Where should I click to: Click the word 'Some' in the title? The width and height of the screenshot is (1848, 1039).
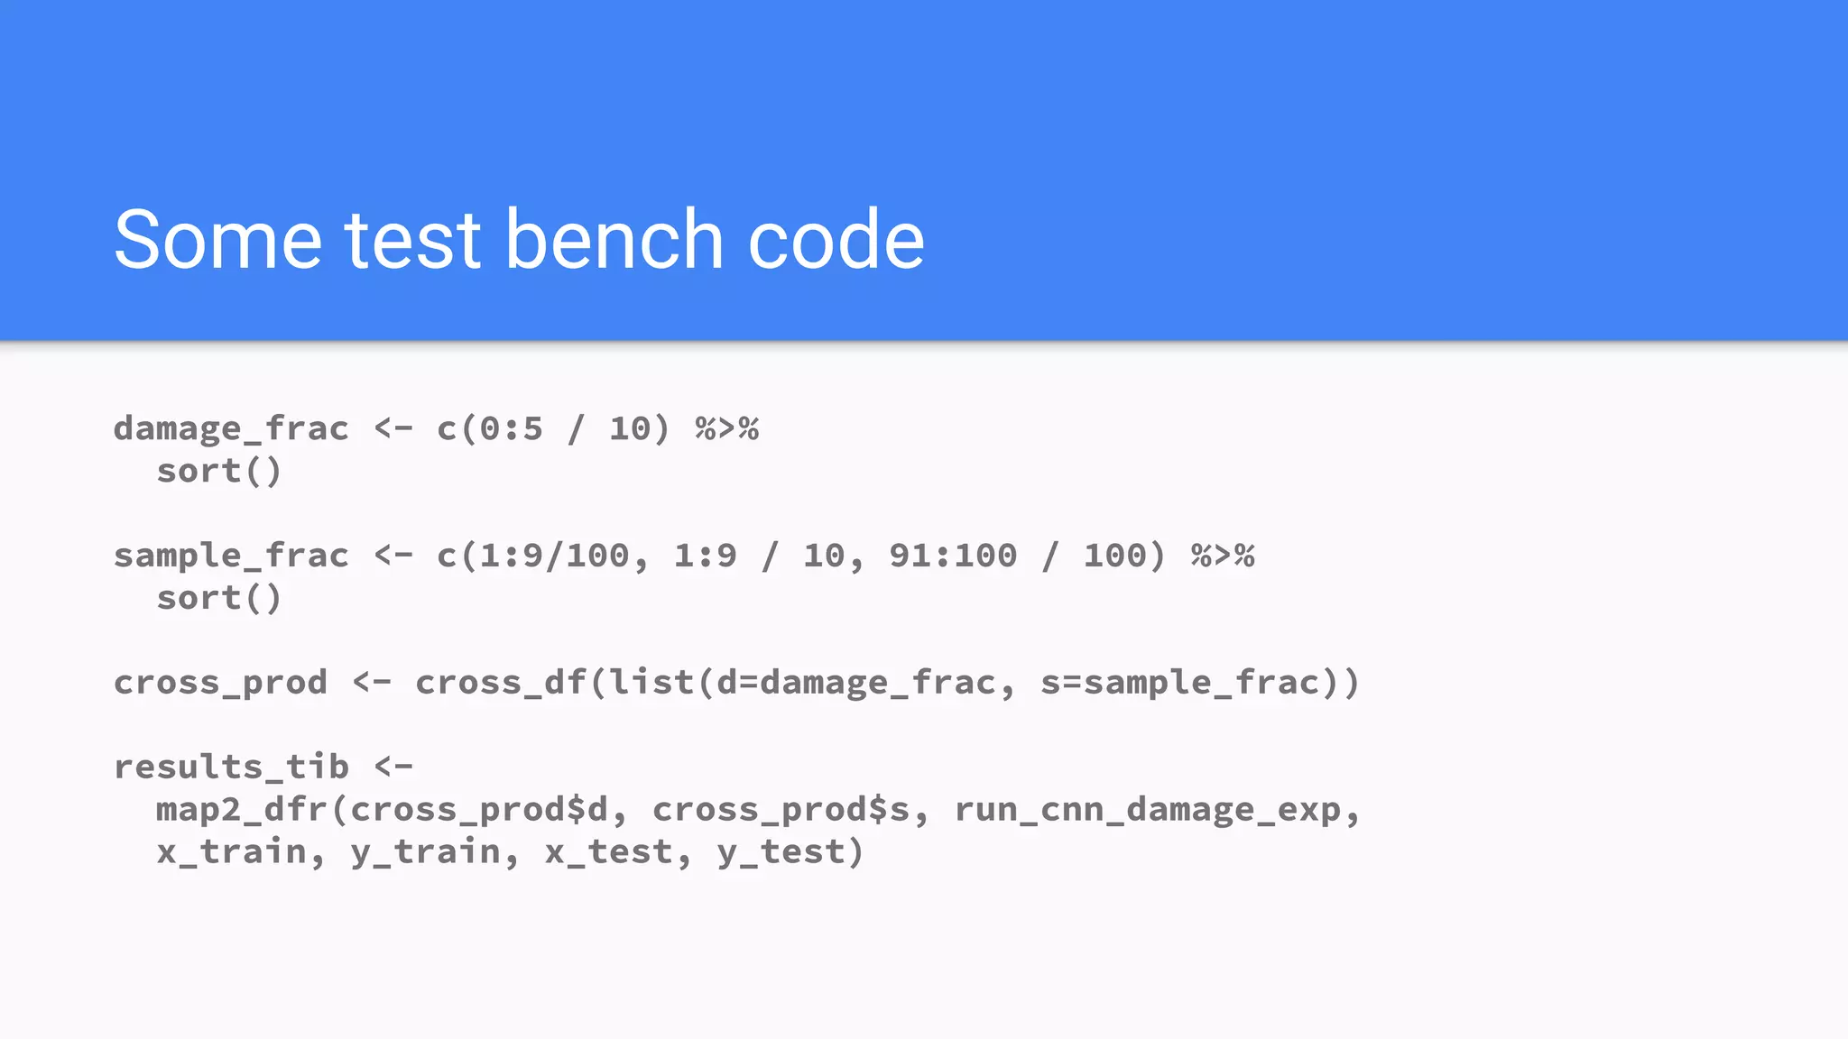pos(217,240)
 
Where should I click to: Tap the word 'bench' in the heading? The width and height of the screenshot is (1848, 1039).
pos(614,240)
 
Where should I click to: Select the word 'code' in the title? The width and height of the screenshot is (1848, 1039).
pos(836,240)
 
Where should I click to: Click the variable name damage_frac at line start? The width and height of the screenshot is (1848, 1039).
pos(231,429)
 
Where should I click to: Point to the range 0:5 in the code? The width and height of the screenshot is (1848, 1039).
pos(511,429)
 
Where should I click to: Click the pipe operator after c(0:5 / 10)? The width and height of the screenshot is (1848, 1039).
pos(726,429)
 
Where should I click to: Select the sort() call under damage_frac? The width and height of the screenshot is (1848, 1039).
pos(219,472)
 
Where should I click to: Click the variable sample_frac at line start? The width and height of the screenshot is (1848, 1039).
pos(231,556)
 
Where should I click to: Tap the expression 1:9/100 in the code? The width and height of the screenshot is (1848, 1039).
pos(553,556)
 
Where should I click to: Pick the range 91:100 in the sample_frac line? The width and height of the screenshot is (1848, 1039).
pos(953,556)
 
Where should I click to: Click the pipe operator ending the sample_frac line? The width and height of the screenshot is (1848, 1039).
pos(1223,556)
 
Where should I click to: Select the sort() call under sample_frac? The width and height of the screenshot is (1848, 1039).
pos(219,599)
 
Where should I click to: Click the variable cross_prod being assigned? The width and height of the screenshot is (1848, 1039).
pos(220,683)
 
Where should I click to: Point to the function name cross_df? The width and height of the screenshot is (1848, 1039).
pos(501,683)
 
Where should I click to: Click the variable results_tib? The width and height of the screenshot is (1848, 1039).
pos(231,768)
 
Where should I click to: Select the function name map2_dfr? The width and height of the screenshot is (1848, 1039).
pos(242,810)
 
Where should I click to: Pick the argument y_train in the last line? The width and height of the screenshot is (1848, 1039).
pos(425,852)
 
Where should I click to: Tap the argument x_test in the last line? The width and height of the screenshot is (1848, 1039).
pos(608,852)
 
